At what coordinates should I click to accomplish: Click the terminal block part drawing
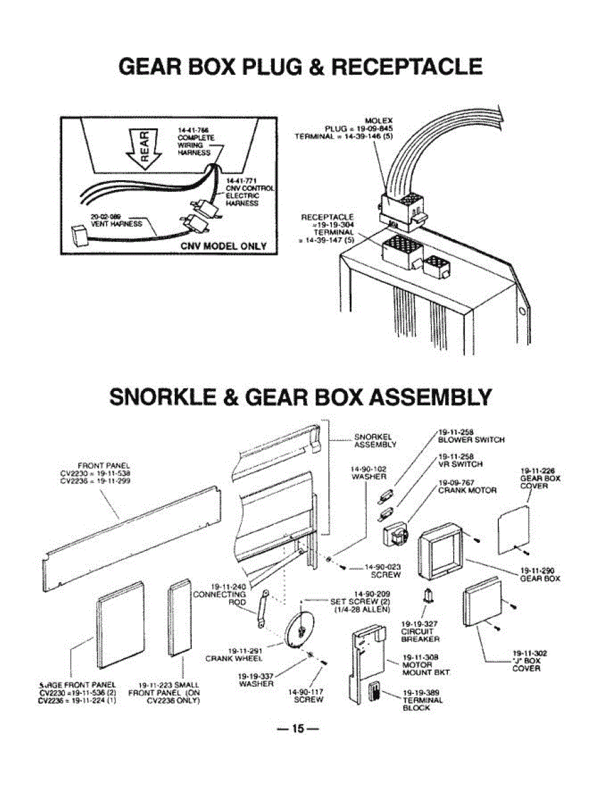click(376, 693)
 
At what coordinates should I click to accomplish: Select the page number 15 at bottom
click(300, 728)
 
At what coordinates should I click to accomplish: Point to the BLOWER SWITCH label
click(471, 440)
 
